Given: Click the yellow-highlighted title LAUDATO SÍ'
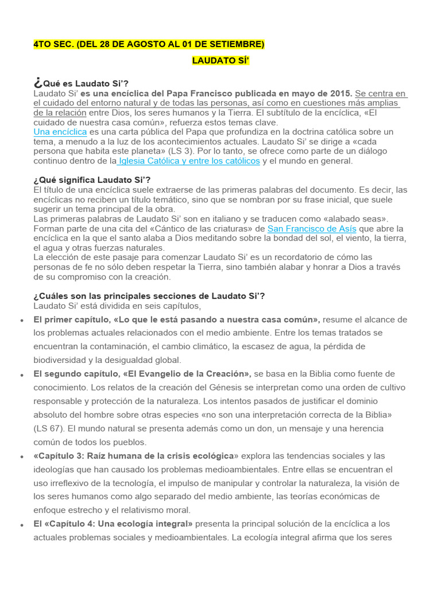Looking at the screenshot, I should click(x=220, y=60).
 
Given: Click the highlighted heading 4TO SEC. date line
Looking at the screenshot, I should click(x=149, y=44).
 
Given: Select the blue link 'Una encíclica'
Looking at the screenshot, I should click(x=60, y=132).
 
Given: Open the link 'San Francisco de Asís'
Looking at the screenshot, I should click(x=308, y=228).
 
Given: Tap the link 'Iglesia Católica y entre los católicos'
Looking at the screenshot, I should click(x=189, y=161).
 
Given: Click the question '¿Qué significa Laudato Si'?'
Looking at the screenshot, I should click(x=92, y=180).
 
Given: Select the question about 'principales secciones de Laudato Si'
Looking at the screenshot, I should click(x=149, y=296).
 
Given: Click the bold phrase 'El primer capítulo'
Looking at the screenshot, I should click(x=71, y=319).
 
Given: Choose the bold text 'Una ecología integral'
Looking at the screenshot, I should click(x=146, y=524).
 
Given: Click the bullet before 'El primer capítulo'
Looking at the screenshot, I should click(x=22, y=320).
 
